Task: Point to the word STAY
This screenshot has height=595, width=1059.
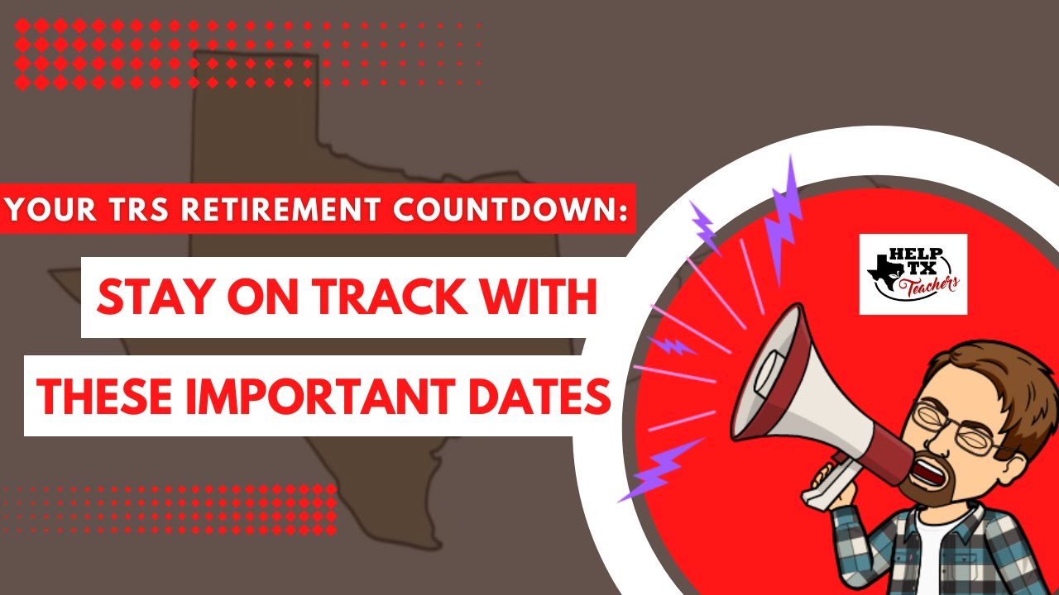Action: click(156, 297)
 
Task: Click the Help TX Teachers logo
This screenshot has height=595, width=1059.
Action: click(913, 274)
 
